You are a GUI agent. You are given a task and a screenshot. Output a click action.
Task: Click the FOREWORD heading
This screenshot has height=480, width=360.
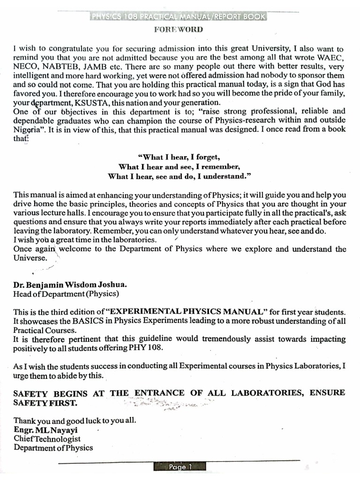point(179,30)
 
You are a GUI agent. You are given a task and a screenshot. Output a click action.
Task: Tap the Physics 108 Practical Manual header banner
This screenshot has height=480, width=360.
point(179,17)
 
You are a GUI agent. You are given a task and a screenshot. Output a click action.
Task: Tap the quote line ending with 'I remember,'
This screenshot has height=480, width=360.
point(179,166)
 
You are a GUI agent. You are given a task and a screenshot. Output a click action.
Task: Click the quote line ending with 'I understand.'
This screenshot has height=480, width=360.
point(179,176)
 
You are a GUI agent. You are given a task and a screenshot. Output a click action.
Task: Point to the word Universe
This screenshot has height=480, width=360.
point(30,258)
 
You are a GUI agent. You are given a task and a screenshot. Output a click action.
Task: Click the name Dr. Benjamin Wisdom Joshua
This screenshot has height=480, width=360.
point(70,285)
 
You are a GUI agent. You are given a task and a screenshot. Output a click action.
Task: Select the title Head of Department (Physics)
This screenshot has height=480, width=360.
point(66,294)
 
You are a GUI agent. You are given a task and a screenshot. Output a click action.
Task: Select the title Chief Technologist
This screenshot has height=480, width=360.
point(47,439)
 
